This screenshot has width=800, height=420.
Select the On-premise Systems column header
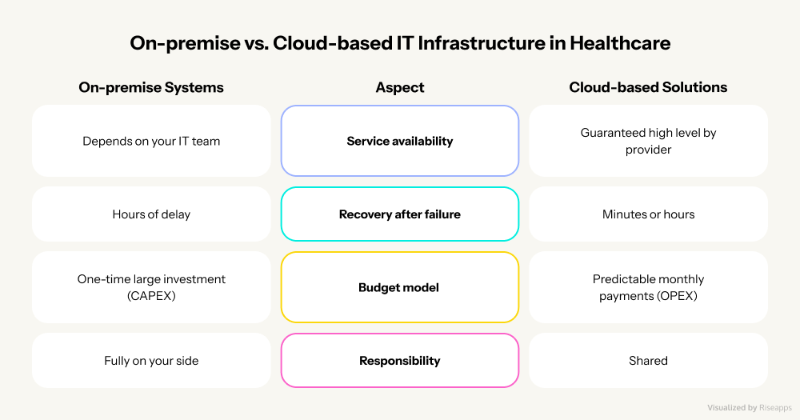coord(151,87)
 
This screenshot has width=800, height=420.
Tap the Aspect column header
coord(400,87)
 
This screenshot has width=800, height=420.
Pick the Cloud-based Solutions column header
coord(648,87)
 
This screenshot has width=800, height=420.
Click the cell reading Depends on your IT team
coord(151,141)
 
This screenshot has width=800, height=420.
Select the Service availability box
coord(400,141)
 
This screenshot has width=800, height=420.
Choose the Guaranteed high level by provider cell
coord(648,141)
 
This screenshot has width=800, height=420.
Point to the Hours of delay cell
coord(151,214)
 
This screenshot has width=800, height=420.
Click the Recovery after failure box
coord(400,214)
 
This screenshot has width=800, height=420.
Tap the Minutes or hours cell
coord(648,214)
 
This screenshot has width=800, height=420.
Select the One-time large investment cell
coord(151,287)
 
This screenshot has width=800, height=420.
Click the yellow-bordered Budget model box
coord(400,287)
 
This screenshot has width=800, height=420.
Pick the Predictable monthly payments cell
coord(648,287)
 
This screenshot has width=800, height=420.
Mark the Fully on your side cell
coord(151,361)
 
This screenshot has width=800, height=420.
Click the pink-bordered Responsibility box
coord(400,361)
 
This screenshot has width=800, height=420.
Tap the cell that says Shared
coord(648,361)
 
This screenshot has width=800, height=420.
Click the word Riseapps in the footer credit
coord(772,407)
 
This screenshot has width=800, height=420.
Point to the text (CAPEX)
coord(151,295)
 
